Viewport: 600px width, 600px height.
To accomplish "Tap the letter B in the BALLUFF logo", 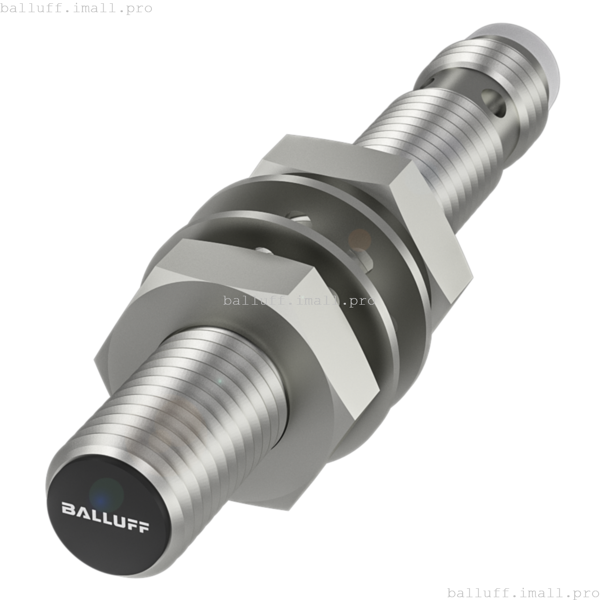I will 67,508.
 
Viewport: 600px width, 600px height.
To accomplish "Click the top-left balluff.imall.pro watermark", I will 76,8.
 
